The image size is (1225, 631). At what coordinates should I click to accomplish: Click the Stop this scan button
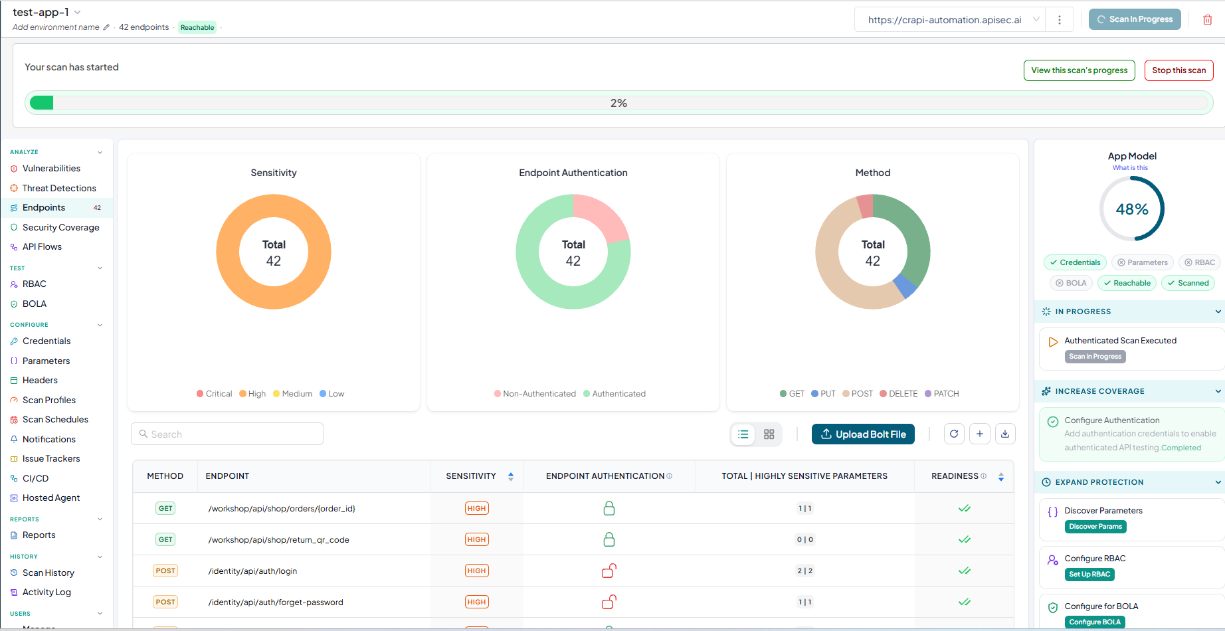coord(1178,70)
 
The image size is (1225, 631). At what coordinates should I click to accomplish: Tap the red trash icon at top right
coord(1208,20)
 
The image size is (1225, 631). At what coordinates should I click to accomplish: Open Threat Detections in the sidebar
coord(59,188)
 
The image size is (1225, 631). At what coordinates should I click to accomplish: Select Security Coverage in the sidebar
coord(60,227)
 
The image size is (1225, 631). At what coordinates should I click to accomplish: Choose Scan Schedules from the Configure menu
coord(55,419)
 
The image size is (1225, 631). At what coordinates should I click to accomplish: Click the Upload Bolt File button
coord(863,434)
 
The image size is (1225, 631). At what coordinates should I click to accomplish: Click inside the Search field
coord(227,434)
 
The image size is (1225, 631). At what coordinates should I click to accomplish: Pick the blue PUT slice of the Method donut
coord(904,286)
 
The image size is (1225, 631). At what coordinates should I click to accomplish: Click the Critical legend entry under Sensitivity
coord(214,394)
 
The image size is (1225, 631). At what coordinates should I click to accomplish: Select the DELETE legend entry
coord(898,394)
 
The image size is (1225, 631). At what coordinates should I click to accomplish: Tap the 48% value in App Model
coord(1132,209)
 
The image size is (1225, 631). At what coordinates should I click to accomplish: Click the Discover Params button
coord(1095,527)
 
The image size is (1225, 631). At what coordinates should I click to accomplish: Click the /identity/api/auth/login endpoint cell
coord(252,571)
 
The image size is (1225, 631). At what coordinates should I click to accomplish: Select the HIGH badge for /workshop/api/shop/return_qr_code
coord(476,540)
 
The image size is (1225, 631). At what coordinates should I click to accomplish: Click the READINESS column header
coord(955,476)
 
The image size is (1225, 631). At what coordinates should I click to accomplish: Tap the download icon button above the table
coord(1005,434)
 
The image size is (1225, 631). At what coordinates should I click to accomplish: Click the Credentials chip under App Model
coord(1076,263)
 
